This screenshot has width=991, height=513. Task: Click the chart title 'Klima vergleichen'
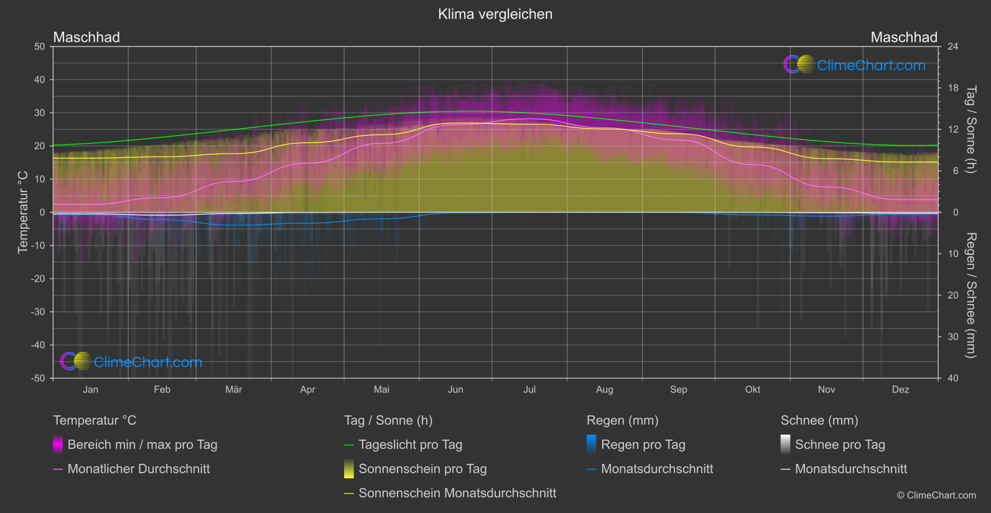pos(495,14)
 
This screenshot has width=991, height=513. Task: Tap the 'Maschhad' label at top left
pos(86,37)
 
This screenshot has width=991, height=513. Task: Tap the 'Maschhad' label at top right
pos(903,37)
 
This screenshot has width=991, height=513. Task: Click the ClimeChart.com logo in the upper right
pos(854,65)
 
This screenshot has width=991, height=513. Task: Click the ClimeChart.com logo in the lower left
pos(131,362)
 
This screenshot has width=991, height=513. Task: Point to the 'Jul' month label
pos(529,390)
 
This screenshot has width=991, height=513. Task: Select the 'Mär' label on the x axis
pos(233,390)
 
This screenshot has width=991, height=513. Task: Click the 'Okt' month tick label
pos(752,390)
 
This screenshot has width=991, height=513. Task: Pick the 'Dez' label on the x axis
pos(900,390)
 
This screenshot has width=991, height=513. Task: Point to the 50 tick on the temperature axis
pos(40,47)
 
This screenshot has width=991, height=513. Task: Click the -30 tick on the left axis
pos(39,312)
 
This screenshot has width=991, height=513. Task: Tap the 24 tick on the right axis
pos(952,47)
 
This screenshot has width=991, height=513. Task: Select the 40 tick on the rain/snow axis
pos(952,378)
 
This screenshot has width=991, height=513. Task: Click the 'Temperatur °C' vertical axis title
pos(23,212)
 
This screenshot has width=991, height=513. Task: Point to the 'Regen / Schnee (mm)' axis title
pos(970,295)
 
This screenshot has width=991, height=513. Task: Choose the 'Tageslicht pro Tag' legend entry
pos(410,445)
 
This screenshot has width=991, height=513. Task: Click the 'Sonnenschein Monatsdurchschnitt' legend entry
pos(457,493)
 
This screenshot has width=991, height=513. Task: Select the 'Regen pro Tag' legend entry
pos(643,445)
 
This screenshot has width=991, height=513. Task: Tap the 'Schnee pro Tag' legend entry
pos(839,445)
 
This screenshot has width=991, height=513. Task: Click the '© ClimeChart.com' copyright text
pos(936,496)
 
